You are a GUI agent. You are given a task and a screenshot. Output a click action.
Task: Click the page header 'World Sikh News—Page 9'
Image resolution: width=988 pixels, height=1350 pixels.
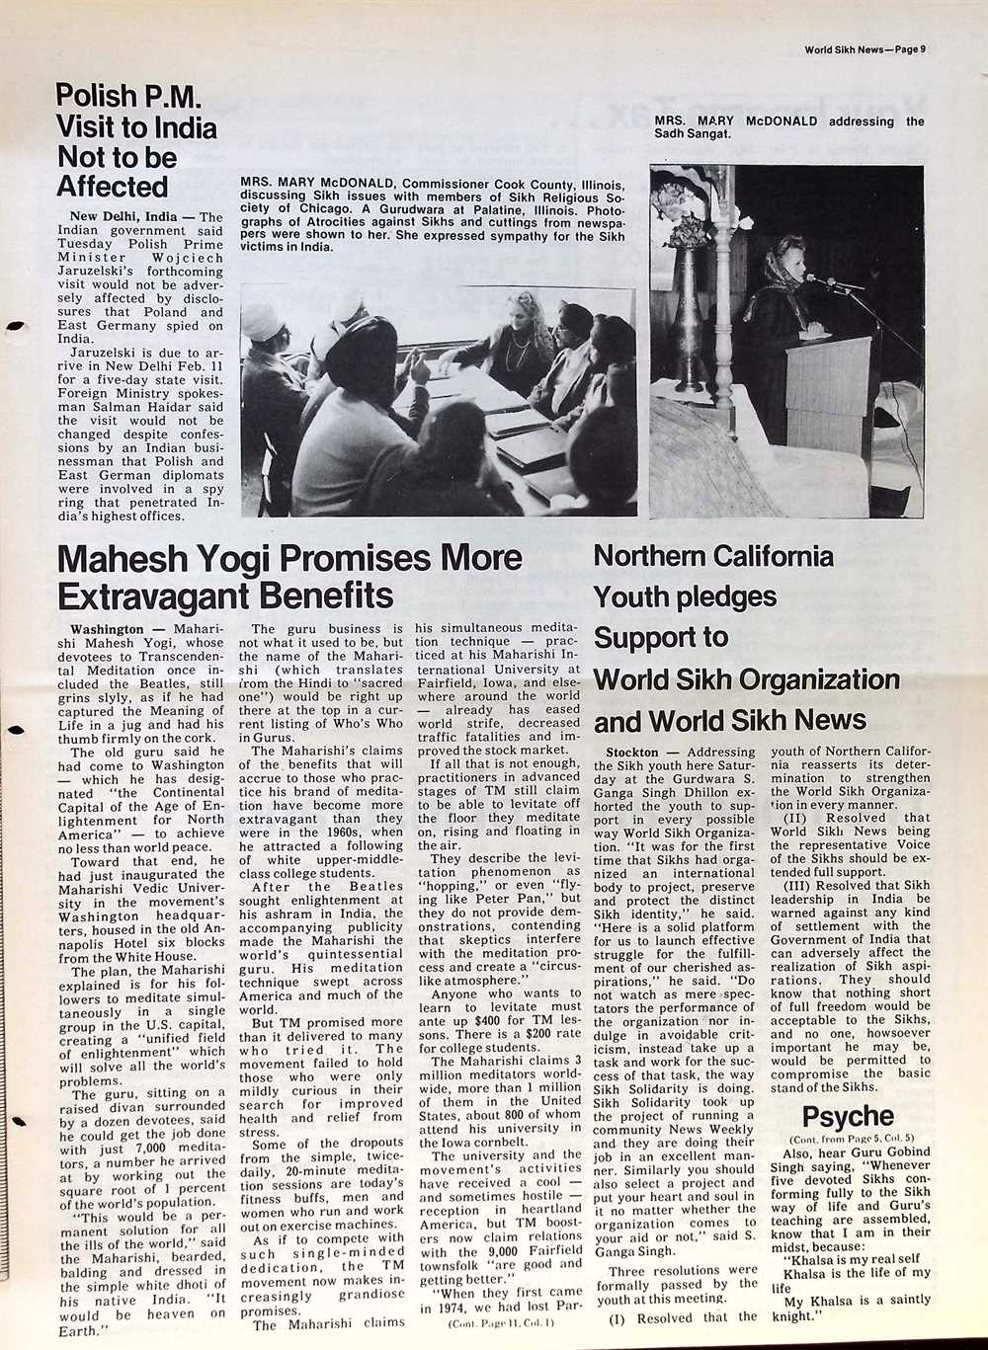click(x=870, y=48)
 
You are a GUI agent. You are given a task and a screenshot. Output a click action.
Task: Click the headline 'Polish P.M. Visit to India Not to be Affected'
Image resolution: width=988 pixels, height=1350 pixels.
click(x=136, y=141)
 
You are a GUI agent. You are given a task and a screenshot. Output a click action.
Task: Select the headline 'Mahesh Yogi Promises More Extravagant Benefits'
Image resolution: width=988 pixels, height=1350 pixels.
click(x=290, y=577)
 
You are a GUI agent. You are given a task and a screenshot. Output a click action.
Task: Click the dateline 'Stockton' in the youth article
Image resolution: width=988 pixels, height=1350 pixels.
click(x=632, y=753)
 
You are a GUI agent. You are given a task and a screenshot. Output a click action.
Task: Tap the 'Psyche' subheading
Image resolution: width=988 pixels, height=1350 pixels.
click(x=847, y=1117)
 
